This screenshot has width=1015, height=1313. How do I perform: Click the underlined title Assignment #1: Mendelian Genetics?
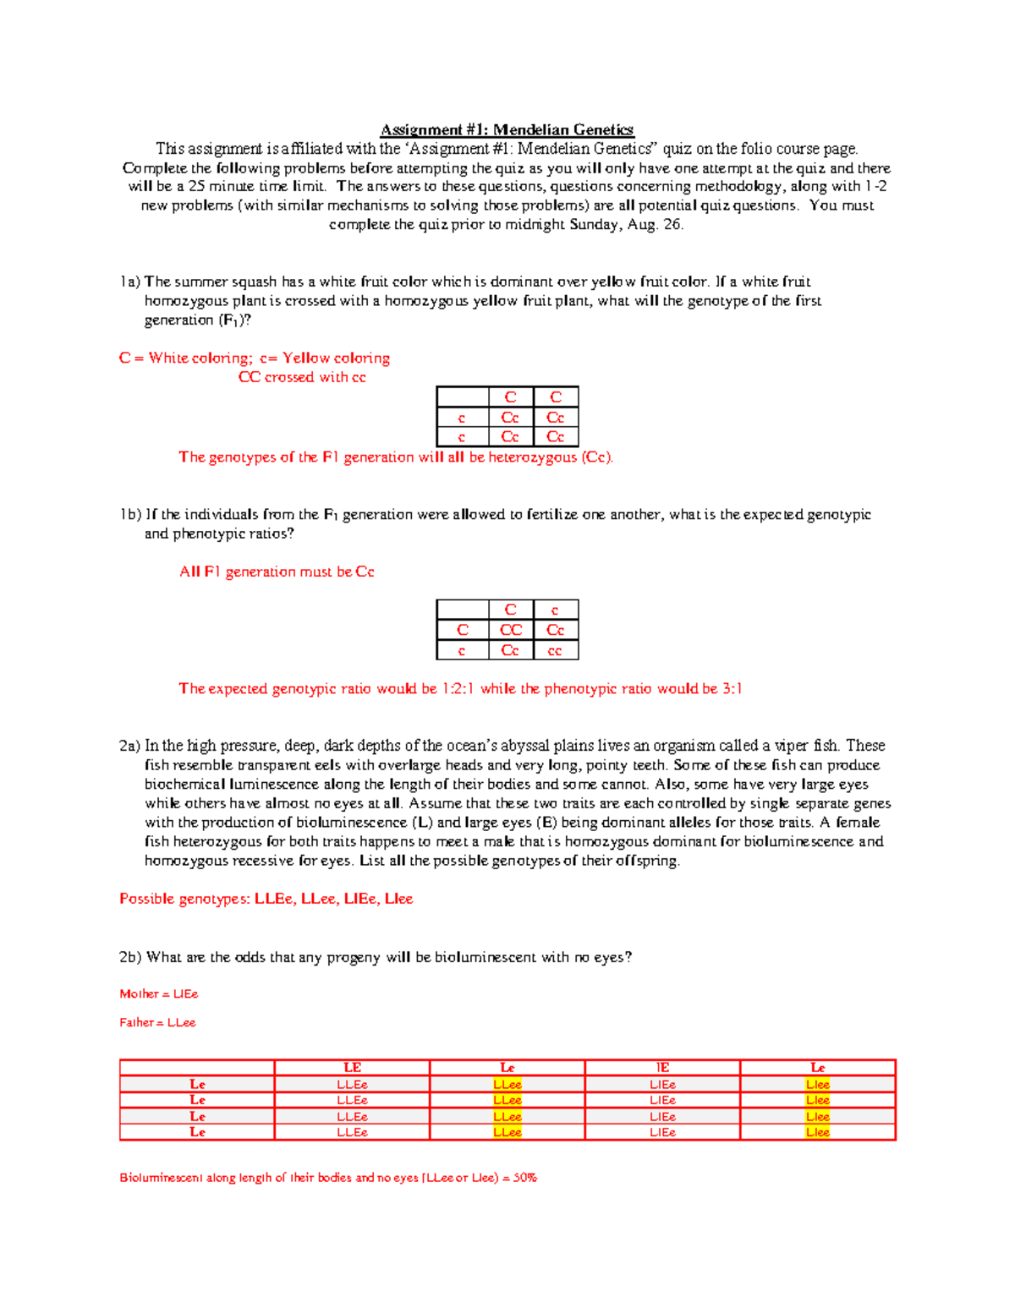[x=507, y=129]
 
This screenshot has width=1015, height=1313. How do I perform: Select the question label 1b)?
[x=130, y=515]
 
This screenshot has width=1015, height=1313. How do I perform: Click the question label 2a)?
[x=129, y=746]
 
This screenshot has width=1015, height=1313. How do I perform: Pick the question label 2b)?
[x=130, y=957]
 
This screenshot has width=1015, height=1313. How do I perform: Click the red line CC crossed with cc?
[x=302, y=377]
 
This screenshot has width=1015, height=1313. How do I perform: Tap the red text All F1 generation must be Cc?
[x=277, y=572]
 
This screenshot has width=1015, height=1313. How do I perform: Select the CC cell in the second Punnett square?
[x=510, y=630]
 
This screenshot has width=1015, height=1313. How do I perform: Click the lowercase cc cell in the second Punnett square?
[x=555, y=651]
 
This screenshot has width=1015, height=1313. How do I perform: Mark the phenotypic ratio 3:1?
[x=732, y=689]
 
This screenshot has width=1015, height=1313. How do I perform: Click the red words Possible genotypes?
[x=184, y=899]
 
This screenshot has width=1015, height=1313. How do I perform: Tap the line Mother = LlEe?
[x=159, y=994]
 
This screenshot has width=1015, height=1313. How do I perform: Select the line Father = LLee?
[x=157, y=1023]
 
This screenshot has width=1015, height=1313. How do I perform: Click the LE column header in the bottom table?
[x=352, y=1068]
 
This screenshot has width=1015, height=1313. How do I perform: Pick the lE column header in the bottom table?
[x=662, y=1068]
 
